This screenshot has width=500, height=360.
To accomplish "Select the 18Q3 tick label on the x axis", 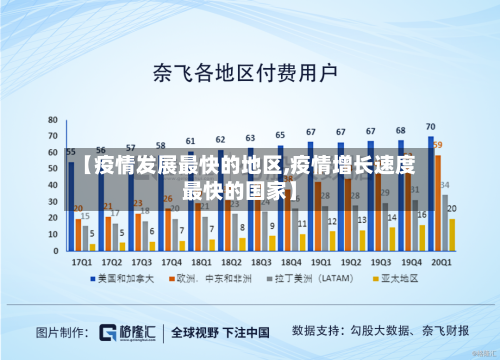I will coord(262,259).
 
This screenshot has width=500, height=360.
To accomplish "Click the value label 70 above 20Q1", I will coord(431,127).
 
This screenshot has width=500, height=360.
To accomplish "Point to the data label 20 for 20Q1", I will coord(452,209).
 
